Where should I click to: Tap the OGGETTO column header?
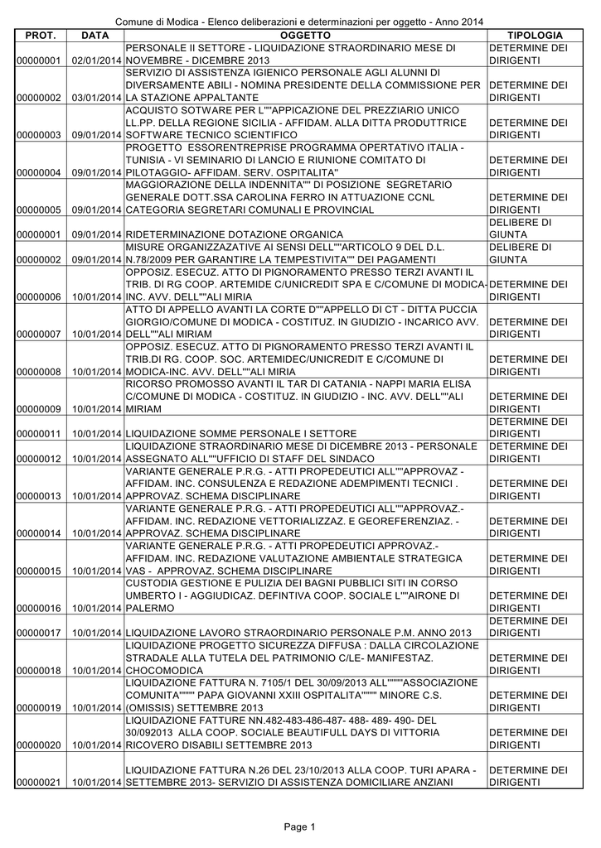(x=305, y=36)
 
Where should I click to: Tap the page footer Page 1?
(x=300, y=826)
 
